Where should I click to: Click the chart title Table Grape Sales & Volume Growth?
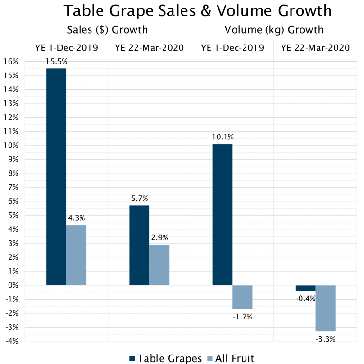(198, 10)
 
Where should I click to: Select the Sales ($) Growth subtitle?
(108, 30)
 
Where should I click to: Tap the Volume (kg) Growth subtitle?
(274, 30)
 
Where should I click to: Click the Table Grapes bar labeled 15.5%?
(56, 177)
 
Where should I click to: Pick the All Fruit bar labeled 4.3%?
(76, 255)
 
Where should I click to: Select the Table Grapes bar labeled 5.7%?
(139, 245)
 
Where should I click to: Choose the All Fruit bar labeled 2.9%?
(159, 264)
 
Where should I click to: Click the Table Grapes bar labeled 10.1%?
(222, 214)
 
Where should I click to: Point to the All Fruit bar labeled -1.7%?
(242, 297)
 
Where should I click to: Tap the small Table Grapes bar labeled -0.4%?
(305, 288)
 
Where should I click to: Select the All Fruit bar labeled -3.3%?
(325, 308)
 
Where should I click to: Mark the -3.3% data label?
(325, 338)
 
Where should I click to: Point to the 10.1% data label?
(222, 137)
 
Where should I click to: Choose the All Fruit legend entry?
(232, 358)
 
